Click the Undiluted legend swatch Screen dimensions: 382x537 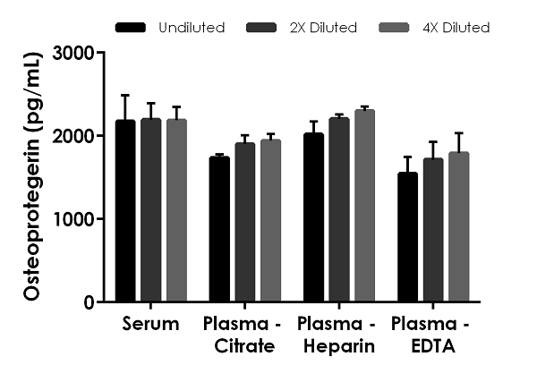click(x=132, y=28)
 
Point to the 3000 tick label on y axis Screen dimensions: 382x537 click(x=75, y=53)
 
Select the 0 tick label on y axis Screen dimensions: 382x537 click(x=89, y=302)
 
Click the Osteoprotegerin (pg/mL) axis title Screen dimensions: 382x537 click(x=33, y=177)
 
